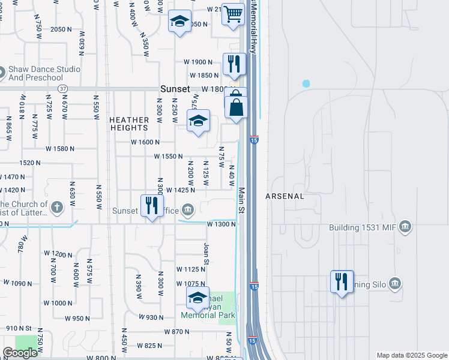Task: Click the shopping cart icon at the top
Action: [x=233, y=14]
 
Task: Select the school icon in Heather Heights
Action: [x=198, y=122]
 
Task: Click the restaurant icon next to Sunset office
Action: [x=151, y=206]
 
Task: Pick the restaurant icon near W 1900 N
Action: [x=234, y=64]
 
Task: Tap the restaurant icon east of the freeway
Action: [x=342, y=281]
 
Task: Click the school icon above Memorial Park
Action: [x=197, y=298]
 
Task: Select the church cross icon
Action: [x=57, y=208]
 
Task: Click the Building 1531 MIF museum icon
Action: [x=405, y=227]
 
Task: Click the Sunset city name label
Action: [x=175, y=89]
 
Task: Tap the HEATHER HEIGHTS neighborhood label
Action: [x=129, y=124]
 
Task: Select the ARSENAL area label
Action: [x=285, y=196]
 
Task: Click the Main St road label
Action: [x=242, y=200]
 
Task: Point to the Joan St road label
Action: [x=206, y=253]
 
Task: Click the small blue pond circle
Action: [x=306, y=83]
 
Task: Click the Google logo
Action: [x=20, y=353]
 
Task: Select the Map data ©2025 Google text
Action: [x=411, y=355]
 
